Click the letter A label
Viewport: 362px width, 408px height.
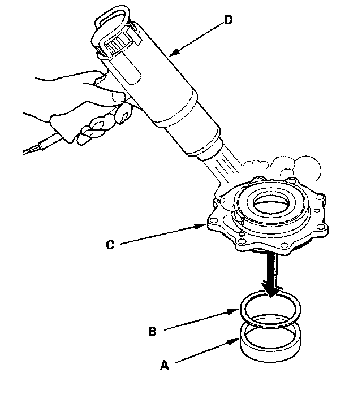[165, 366]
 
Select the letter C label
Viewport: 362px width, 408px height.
[111, 245]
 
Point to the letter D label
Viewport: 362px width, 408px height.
[228, 20]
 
